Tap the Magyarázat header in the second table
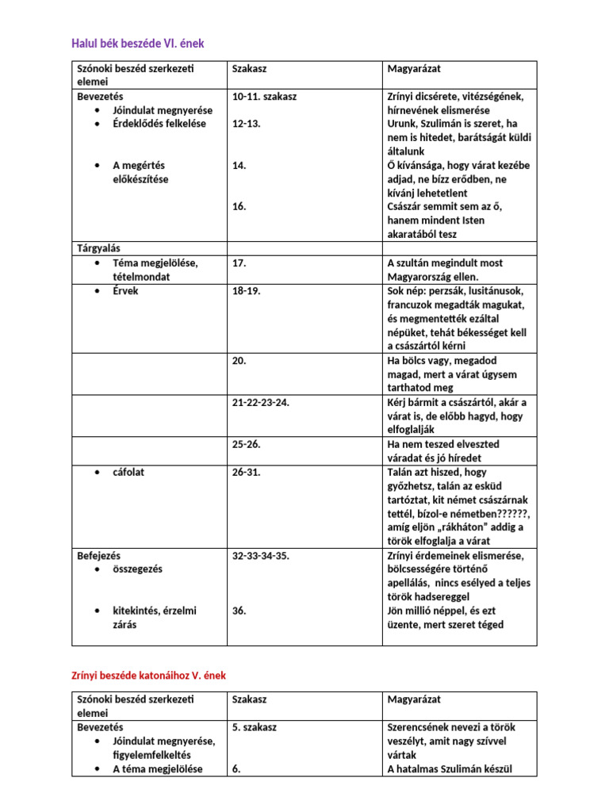pos(414,699)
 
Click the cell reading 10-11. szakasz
pos(265,97)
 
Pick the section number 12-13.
pos(246,124)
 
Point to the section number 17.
pos(239,263)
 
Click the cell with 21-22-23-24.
pos(261,402)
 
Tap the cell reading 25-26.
pos(246,444)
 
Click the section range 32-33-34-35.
pos(261,555)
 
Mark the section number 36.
pos(239,611)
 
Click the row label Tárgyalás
pos(98,249)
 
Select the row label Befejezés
pos(98,555)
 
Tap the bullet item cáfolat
pos(128,472)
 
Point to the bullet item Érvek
pos(125,291)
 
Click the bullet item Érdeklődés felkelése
pos(159,124)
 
